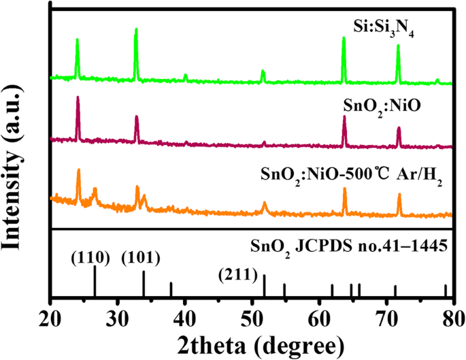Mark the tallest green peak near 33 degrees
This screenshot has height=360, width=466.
tap(136, 30)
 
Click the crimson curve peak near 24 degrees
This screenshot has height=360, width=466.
tap(78, 98)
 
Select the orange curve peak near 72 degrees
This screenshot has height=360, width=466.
tap(399, 195)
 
